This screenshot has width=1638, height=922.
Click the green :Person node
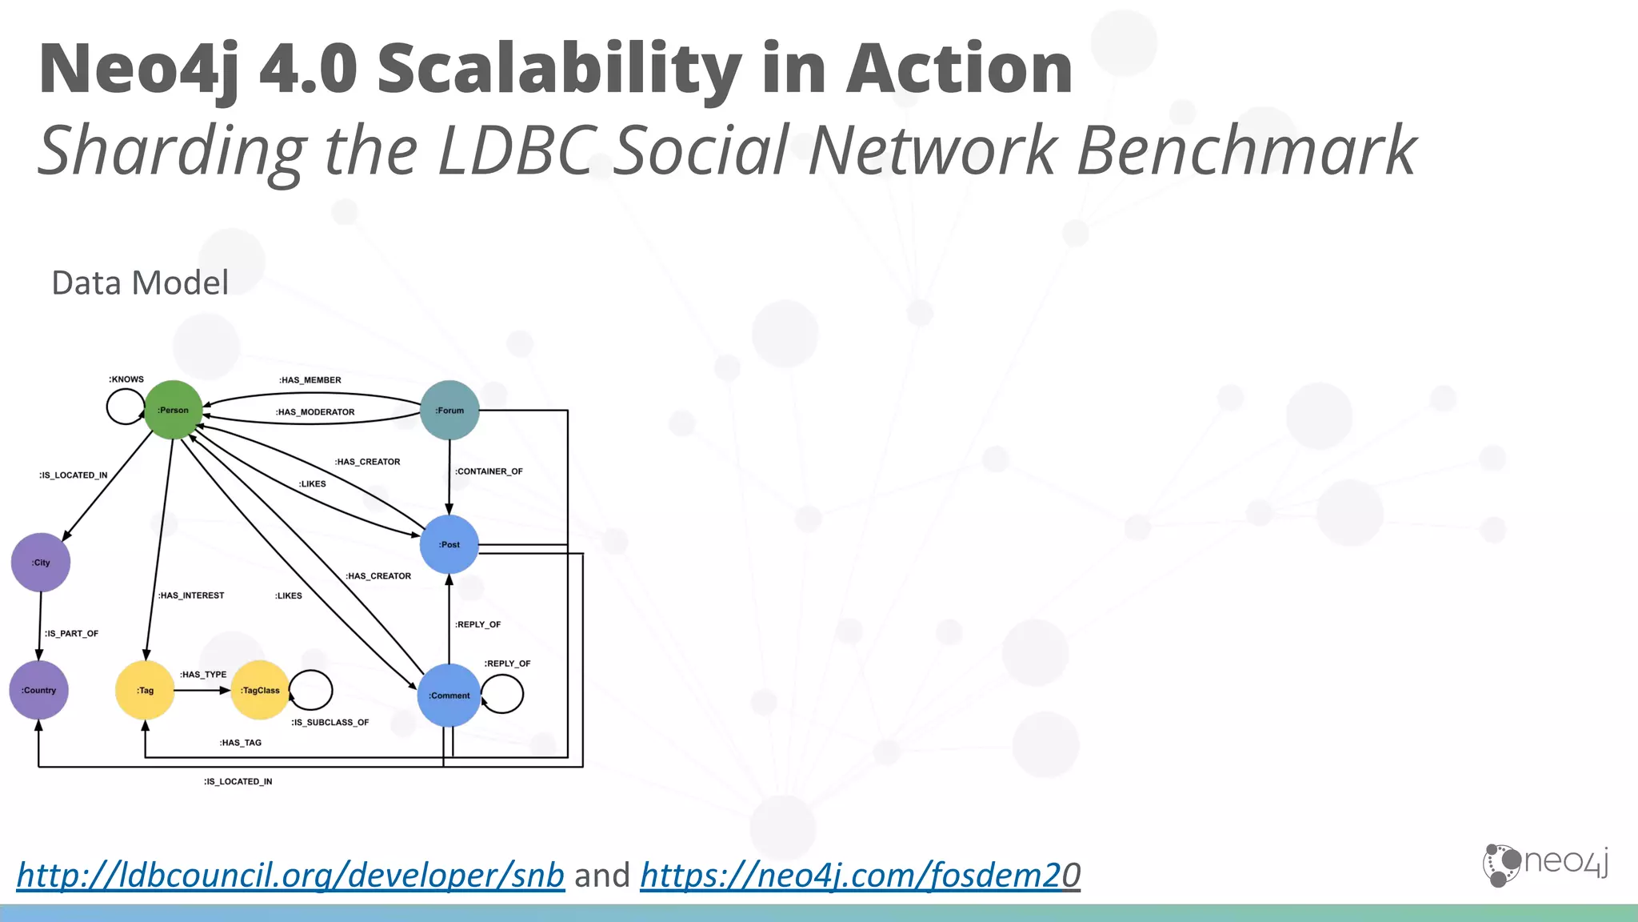[173, 410]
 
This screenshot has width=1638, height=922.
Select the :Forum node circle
[449, 410]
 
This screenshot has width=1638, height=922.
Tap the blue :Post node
[449, 544]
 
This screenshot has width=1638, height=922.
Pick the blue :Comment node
[449, 695]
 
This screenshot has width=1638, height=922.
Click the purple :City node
[41, 562]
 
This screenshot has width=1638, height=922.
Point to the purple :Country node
[38, 690]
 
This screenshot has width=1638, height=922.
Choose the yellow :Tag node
[145, 690]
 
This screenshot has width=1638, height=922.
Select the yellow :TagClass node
[260, 690]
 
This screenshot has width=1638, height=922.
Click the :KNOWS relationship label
[126, 379]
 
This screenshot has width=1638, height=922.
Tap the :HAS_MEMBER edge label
[310, 380]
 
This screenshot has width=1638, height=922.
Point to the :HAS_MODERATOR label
[315, 412]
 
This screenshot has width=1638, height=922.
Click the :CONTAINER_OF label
[489, 471]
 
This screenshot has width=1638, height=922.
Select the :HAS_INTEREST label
[191, 595]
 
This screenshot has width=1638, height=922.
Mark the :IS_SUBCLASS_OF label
[330, 723]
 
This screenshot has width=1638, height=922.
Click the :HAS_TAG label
[240, 743]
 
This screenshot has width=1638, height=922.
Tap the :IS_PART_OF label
[71, 634]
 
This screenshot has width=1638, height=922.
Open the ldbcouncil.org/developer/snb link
[290, 875]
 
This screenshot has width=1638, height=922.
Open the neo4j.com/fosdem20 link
[860, 875]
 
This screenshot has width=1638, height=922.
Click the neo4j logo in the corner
[1544, 864]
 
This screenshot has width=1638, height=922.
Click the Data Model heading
[140, 283]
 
